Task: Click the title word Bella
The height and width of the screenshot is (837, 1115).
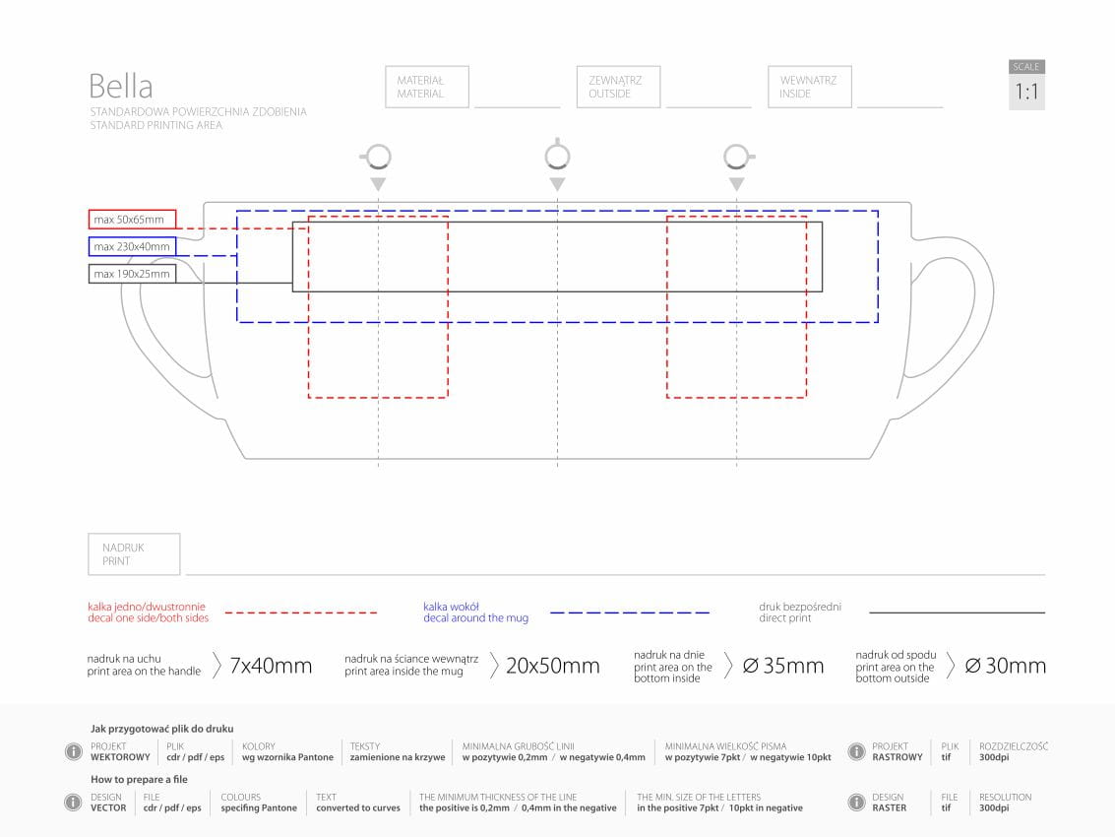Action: click(x=121, y=86)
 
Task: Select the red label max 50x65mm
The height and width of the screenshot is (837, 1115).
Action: click(x=133, y=219)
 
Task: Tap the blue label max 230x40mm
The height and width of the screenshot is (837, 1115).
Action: click(x=133, y=246)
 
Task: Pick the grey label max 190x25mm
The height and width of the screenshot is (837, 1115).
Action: click(x=133, y=274)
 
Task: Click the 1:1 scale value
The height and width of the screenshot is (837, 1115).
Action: click(x=1026, y=93)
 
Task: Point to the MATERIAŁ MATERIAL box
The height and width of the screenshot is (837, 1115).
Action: click(x=427, y=87)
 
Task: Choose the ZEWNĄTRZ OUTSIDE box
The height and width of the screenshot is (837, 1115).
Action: click(x=618, y=87)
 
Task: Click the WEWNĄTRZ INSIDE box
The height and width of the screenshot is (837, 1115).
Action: click(x=809, y=87)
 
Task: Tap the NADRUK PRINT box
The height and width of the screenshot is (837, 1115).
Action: click(x=134, y=554)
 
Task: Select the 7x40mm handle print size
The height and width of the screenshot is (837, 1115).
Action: click(x=271, y=667)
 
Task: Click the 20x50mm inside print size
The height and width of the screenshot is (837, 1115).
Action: click(x=552, y=667)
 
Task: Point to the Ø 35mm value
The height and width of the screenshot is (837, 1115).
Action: click(x=783, y=667)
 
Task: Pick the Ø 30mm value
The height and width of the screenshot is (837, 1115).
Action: click(x=1005, y=667)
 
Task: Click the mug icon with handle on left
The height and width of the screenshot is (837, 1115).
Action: click(x=377, y=157)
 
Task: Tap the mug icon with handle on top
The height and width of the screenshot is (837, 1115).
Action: click(x=557, y=156)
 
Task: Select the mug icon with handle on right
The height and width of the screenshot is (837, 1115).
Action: click(x=737, y=157)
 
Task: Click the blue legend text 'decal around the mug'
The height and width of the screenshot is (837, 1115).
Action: click(x=475, y=618)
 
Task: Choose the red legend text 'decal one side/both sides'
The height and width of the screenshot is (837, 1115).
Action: click(x=148, y=618)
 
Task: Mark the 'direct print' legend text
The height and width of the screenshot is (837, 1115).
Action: click(x=785, y=618)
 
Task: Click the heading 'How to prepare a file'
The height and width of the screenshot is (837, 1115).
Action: click(x=139, y=780)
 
